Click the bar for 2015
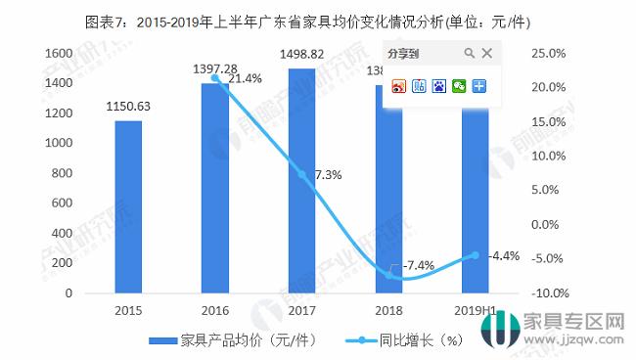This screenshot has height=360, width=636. point(127,206)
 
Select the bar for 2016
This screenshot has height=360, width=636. point(214,188)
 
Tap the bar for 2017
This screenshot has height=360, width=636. point(301,180)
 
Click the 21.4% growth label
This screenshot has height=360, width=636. point(245,79)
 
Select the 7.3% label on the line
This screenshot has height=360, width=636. point(327,175)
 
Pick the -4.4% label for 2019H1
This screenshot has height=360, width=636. point(504,256)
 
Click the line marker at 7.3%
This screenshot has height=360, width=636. point(301,175)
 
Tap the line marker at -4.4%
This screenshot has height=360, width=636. point(476,255)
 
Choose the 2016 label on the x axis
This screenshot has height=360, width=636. point(214,311)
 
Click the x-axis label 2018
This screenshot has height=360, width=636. point(388,311)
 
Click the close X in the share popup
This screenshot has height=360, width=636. point(487,53)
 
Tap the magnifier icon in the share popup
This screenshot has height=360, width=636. point(469,53)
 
